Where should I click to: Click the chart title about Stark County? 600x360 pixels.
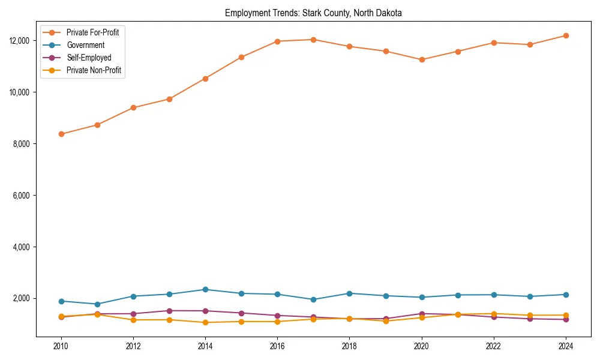click(x=313, y=13)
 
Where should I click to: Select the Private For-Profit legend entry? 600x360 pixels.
click(x=92, y=32)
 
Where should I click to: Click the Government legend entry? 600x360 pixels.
click(x=85, y=45)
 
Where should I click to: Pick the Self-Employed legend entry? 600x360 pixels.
click(x=89, y=58)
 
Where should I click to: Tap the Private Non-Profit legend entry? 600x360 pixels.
click(x=94, y=70)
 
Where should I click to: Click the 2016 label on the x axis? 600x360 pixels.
click(x=277, y=346)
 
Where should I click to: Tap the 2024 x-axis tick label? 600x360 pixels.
click(x=565, y=346)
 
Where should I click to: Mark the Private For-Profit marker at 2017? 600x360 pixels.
click(x=313, y=40)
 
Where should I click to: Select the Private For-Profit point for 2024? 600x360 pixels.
click(x=565, y=35)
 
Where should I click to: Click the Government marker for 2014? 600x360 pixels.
click(x=205, y=289)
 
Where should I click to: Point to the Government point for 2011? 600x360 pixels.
click(x=97, y=304)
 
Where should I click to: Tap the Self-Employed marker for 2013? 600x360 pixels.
click(x=169, y=311)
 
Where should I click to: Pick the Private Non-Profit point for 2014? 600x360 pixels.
click(x=205, y=323)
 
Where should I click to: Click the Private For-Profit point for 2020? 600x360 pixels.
click(x=421, y=59)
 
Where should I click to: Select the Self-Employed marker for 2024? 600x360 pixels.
click(x=565, y=319)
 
